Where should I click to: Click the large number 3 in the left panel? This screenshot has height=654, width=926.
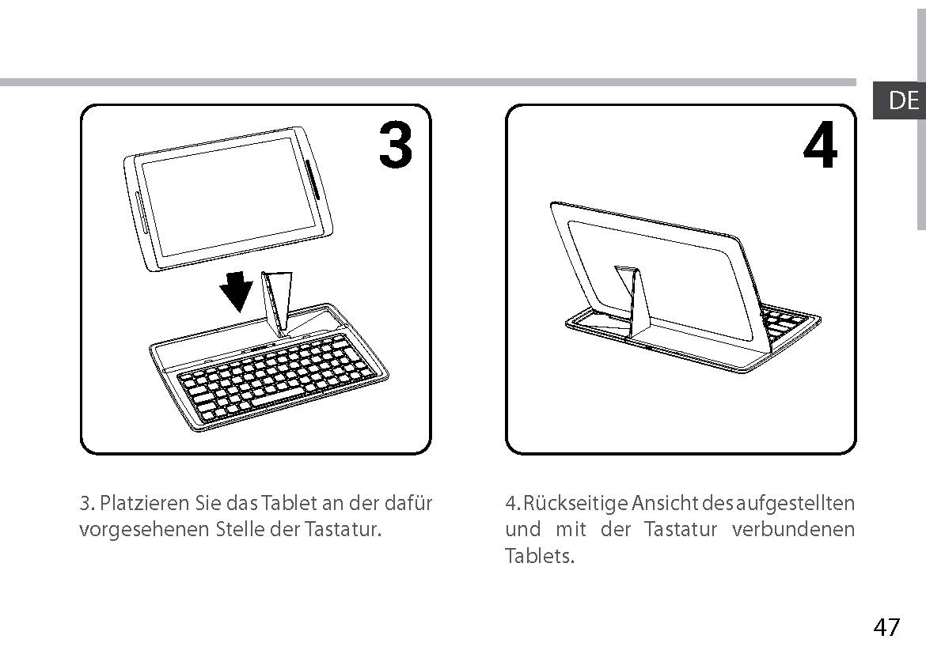pos(396,145)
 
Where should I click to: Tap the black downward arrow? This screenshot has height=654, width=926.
pos(237,290)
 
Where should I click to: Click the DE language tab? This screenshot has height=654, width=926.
pos(899,100)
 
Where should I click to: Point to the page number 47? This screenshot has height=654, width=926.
pos(887,626)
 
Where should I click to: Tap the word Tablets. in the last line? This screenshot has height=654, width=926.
pos(540,555)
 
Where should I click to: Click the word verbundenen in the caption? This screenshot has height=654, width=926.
pos(793,529)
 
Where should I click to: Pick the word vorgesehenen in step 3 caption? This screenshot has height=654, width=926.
pos(144,530)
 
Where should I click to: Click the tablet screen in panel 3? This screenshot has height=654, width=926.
pos(231,197)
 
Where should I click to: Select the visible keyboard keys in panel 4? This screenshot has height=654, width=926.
pos(784,323)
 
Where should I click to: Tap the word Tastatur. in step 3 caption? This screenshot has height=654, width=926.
pos(343,530)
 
